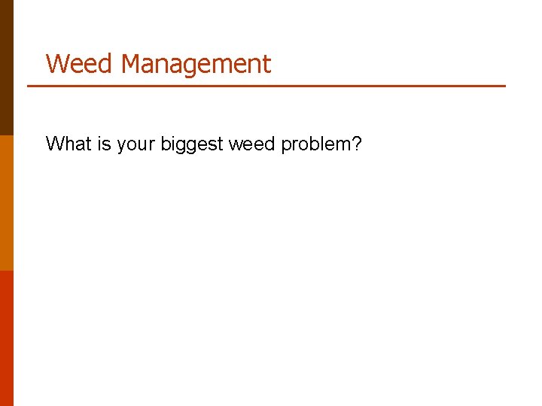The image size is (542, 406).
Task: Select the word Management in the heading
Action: pyautogui.click(x=195, y=64)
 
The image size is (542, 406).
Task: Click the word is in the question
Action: pyautogui.click(x=104, y=144)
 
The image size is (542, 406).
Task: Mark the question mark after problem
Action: pyautogui.click(x=356, y=144)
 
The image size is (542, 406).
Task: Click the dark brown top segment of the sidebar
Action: pyautogui.click(x=7, y=68)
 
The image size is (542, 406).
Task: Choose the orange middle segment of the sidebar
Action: pyautogui.click(x=7, y=203)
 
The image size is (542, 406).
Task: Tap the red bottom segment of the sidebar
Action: pyautogui.click(x=7, y=338)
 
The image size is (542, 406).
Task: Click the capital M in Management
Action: pyautogui.click(x=133, y=64)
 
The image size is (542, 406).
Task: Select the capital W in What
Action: pyautogui.click(x=54, y=144)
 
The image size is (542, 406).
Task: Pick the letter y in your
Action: pyautogui.click(x=121, y=145)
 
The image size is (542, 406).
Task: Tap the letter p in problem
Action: pyautogui.click(x=286, y=145)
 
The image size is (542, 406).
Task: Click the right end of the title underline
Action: pyautogui.click(x=504, y=86)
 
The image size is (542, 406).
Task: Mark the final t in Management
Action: pyautogui.click(x=266, y=65)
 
